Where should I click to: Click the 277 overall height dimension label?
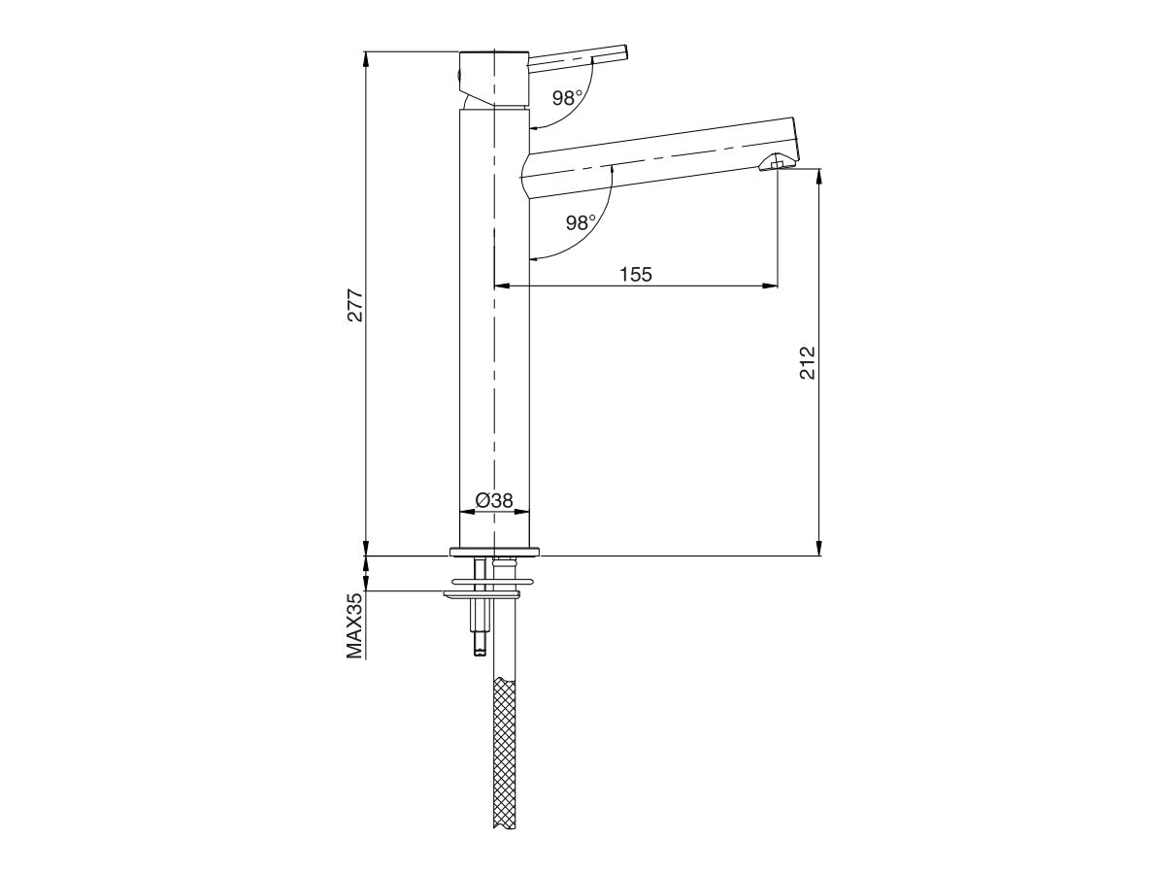[355, 305]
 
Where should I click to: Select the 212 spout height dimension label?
[808, 361]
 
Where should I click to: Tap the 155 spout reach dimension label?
[636, 274]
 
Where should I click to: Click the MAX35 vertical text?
[355, 626]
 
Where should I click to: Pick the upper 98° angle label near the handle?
[567, 97]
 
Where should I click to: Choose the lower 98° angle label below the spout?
[580, 222]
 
